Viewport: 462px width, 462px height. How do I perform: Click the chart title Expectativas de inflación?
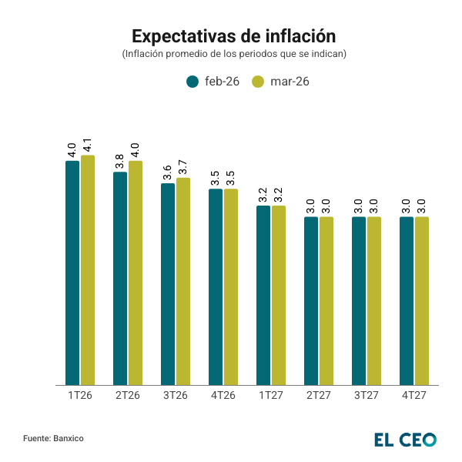tap(233, 36)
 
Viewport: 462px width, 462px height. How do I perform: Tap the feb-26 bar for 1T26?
tap(72, 273)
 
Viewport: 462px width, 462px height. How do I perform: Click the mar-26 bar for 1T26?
tap(88, 269)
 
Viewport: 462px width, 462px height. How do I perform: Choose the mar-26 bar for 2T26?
tap(136, 273)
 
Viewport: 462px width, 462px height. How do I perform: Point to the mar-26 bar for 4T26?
tap(231, 286)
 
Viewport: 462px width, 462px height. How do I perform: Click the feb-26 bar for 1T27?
tap(263, 295)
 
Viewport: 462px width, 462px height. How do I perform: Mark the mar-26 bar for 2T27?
tap(326, 300)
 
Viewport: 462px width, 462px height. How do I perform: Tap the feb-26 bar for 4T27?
tap(407, 300)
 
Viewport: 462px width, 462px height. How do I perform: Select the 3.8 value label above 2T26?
tap(120, 162)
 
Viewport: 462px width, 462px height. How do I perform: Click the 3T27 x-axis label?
tap(367, 395)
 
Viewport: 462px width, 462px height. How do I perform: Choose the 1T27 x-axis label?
tap(271, 395)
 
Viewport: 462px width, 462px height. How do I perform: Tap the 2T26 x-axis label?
tap(128, 395)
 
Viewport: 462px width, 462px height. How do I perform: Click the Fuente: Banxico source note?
tap(53, 438)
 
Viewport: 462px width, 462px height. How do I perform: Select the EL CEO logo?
tap(405, 440)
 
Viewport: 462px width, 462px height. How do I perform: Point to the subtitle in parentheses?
tap(233, 54)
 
